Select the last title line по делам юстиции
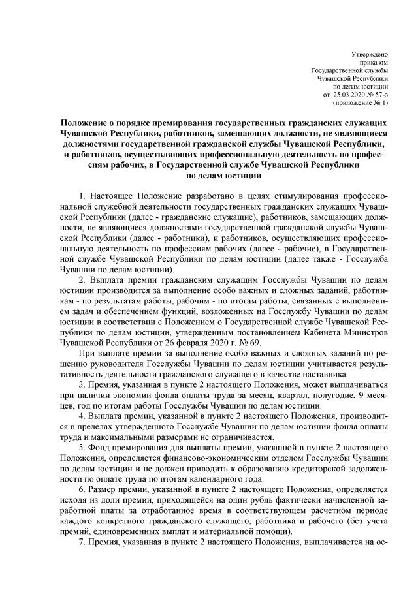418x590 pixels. click(x=224, y=175)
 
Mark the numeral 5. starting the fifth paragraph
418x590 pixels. click(x=82, y=446)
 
